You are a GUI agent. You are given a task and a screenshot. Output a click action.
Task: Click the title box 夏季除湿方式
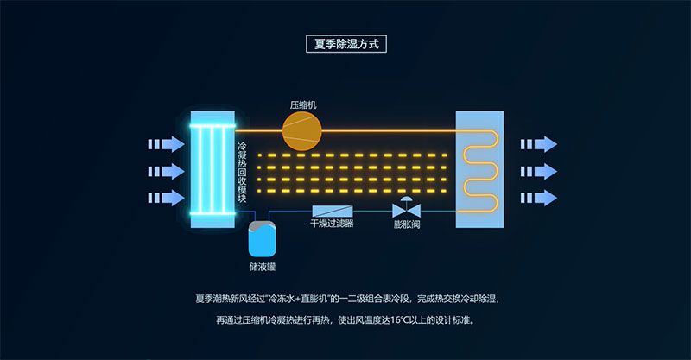[345, 42]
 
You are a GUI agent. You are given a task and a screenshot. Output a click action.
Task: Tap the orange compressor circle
[302, 130]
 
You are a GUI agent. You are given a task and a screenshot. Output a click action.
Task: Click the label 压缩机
[303, 104]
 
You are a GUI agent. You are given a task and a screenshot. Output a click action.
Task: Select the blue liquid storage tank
[261, 237]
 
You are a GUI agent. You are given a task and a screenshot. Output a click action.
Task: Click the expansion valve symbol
[405, 209]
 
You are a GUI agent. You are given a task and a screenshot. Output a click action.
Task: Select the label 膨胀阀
[406, 224]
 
